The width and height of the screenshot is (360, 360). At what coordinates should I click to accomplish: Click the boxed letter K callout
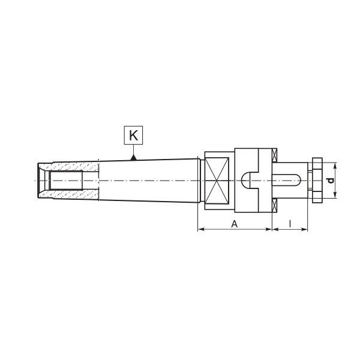(133, 135)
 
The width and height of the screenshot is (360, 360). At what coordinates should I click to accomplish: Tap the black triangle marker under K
(133, 157)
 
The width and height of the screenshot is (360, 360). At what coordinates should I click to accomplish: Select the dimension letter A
(234, 224)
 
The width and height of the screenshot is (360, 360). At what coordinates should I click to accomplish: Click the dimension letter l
(290, 224)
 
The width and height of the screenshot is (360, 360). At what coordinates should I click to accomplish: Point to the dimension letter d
(331, 181)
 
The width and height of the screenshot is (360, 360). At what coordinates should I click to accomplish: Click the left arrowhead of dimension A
(201, 229)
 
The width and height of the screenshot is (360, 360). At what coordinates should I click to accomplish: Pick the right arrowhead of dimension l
(304, 229)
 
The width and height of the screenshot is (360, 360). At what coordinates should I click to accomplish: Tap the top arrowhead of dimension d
(335, 166)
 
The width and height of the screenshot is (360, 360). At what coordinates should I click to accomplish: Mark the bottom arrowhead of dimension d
(335, 195)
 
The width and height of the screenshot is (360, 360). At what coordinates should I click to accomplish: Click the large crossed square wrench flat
(217, 181)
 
